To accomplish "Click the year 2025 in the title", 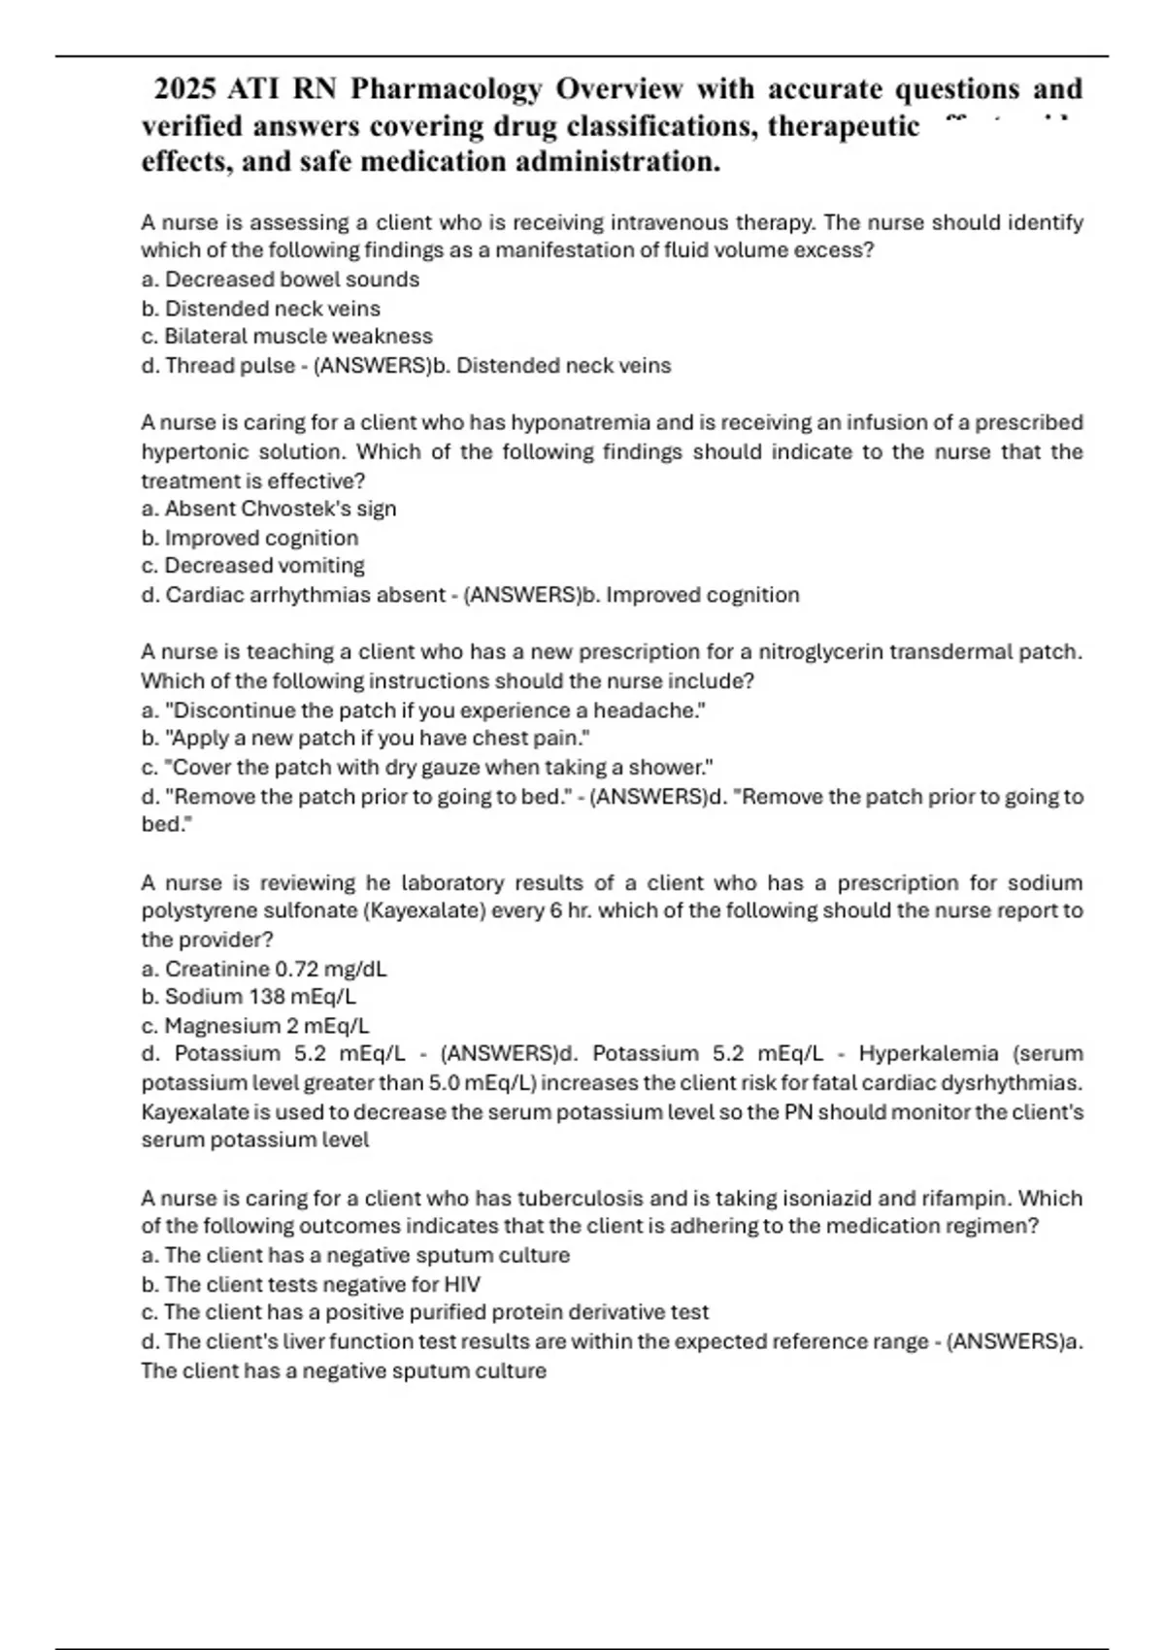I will click(185, 89).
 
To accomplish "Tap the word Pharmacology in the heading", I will click(446, 89).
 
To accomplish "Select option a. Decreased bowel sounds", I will click(281, 280).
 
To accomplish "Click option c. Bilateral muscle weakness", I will click(286, 337).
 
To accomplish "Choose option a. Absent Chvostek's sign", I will click(269, 509).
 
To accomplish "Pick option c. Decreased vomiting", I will click(253, 566).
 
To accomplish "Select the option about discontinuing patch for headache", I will click(423, 710).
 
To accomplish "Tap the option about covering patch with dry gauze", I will click(427, 768).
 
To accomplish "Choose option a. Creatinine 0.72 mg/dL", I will click(264, 969).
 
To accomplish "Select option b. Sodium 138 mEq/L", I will click(249, 997).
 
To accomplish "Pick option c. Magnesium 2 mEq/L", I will click(255, 1026).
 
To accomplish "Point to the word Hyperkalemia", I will click(929, 1054).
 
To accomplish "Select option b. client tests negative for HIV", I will click(311, 1285).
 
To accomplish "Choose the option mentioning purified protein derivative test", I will click(425, 1312).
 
